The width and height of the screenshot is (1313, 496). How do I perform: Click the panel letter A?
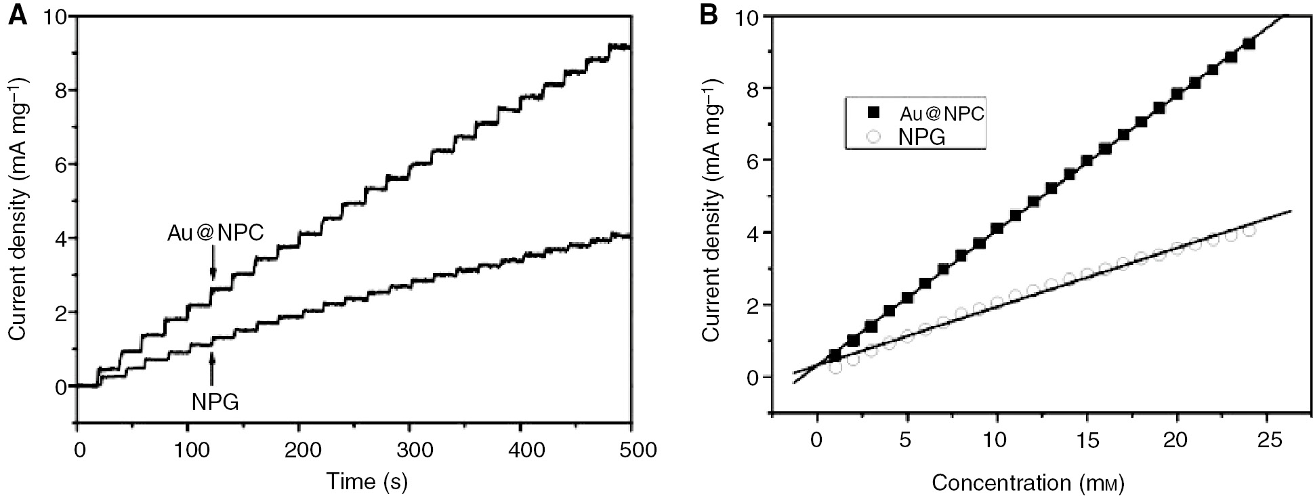(x=18, y=15)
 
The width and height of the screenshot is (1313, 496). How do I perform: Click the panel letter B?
(x=708, y=15)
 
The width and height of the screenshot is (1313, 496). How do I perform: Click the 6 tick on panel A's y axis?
(x=61, y=164)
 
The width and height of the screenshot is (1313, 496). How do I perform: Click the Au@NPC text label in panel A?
(x=215, y=234)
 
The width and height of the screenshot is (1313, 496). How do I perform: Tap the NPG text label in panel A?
(x=215, y=402)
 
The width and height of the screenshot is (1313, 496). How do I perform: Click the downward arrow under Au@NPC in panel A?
(x=213, y=268)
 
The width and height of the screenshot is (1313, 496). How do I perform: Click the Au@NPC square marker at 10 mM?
(x=997, y=229)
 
